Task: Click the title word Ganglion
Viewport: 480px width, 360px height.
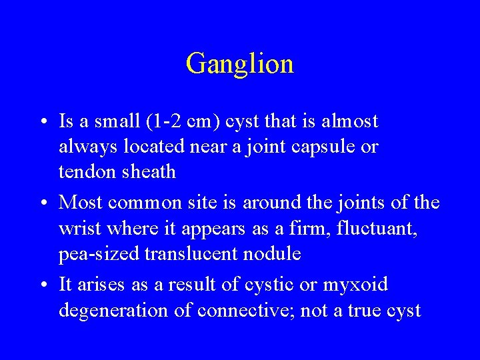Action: click(x=240, y=64)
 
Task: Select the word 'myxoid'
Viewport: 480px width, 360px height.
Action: click(x=354, y=285)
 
